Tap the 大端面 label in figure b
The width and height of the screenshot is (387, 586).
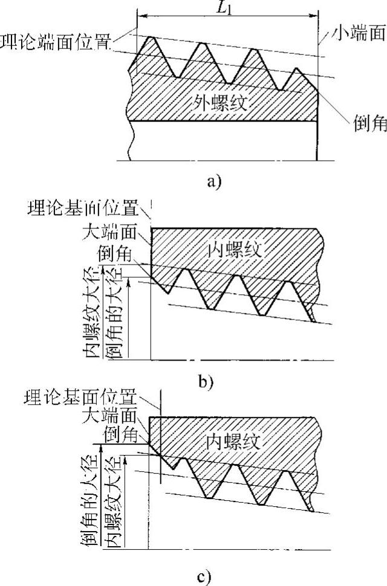click(x=112, y=231)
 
